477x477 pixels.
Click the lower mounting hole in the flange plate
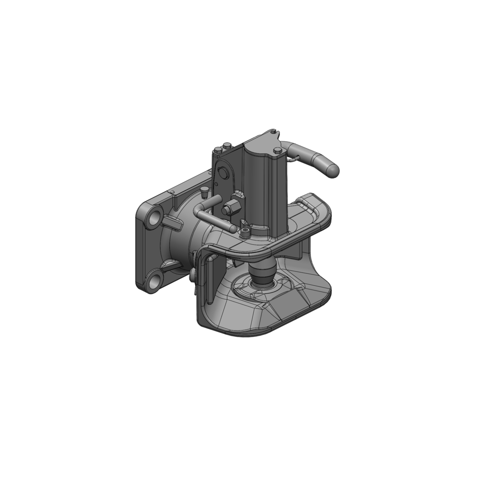click(154, 281)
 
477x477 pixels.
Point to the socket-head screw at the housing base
click(245, 233)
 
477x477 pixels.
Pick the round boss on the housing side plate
click(222, 172)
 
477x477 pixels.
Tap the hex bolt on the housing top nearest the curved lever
click(278, 151)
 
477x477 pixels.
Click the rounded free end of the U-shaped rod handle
click(232, 228)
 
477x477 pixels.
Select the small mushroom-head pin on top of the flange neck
click(205, 191)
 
